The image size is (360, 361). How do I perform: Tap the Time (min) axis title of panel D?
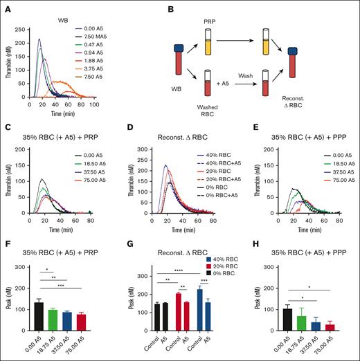(x=178, y=229)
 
